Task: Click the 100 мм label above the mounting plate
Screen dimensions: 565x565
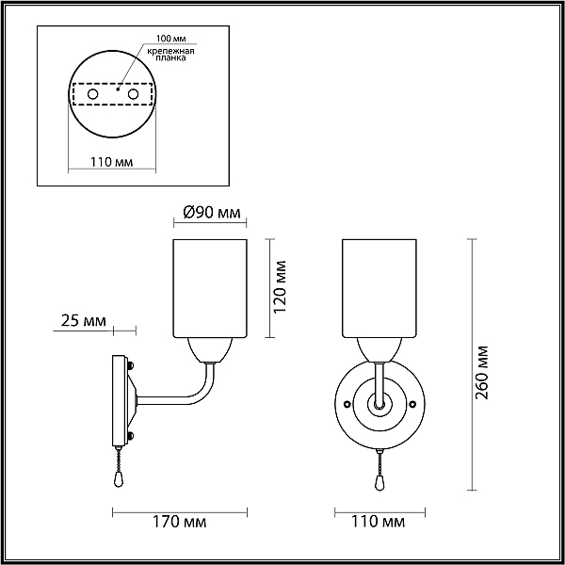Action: [x=170, y=39]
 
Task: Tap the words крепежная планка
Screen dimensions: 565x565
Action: [x=170, y=54]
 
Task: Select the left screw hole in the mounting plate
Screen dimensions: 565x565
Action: [x=92, y=94]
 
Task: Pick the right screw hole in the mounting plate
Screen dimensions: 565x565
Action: [x=133, y=94]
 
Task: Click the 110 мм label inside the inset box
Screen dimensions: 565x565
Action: [x=111, y=162]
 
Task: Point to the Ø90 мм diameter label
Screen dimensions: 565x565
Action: [x=212, y=213]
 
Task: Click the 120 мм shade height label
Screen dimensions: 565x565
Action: [x=281, y=287]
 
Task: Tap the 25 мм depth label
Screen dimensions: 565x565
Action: [x=84, y=320]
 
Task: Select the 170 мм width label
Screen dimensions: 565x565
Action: [x=180, y=522]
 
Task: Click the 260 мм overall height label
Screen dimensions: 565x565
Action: [x=481, y=373]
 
